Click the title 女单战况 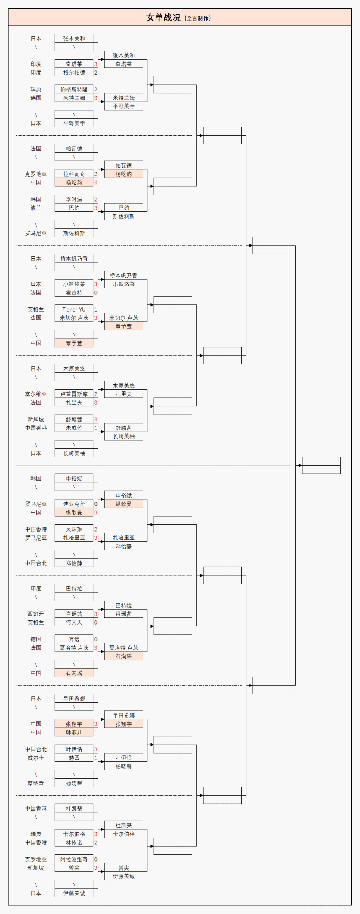(x=163, y=18)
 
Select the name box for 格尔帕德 (x=74, y=73)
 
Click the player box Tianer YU (x=74, y=310)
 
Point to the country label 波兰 (x=36, y=208)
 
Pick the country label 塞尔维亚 (x=36, y=394)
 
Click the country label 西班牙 (x=36, y=614)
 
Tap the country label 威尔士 (x=36, y=758)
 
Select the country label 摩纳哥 (x=36, y=783)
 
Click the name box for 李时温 (x=74, y=199)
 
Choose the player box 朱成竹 (x=74, y=428)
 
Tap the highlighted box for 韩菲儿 (x=74, y=732)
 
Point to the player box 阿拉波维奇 (x=74, y=859)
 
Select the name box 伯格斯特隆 (x=74, y=90)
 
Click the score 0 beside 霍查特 (x=96, y=293)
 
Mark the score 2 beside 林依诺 (x=96, y=842)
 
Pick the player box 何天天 (x=74, y=622)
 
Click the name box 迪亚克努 (x=74, y=504)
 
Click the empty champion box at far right (x=321, y=465)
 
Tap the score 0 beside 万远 (x=96, y=640)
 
